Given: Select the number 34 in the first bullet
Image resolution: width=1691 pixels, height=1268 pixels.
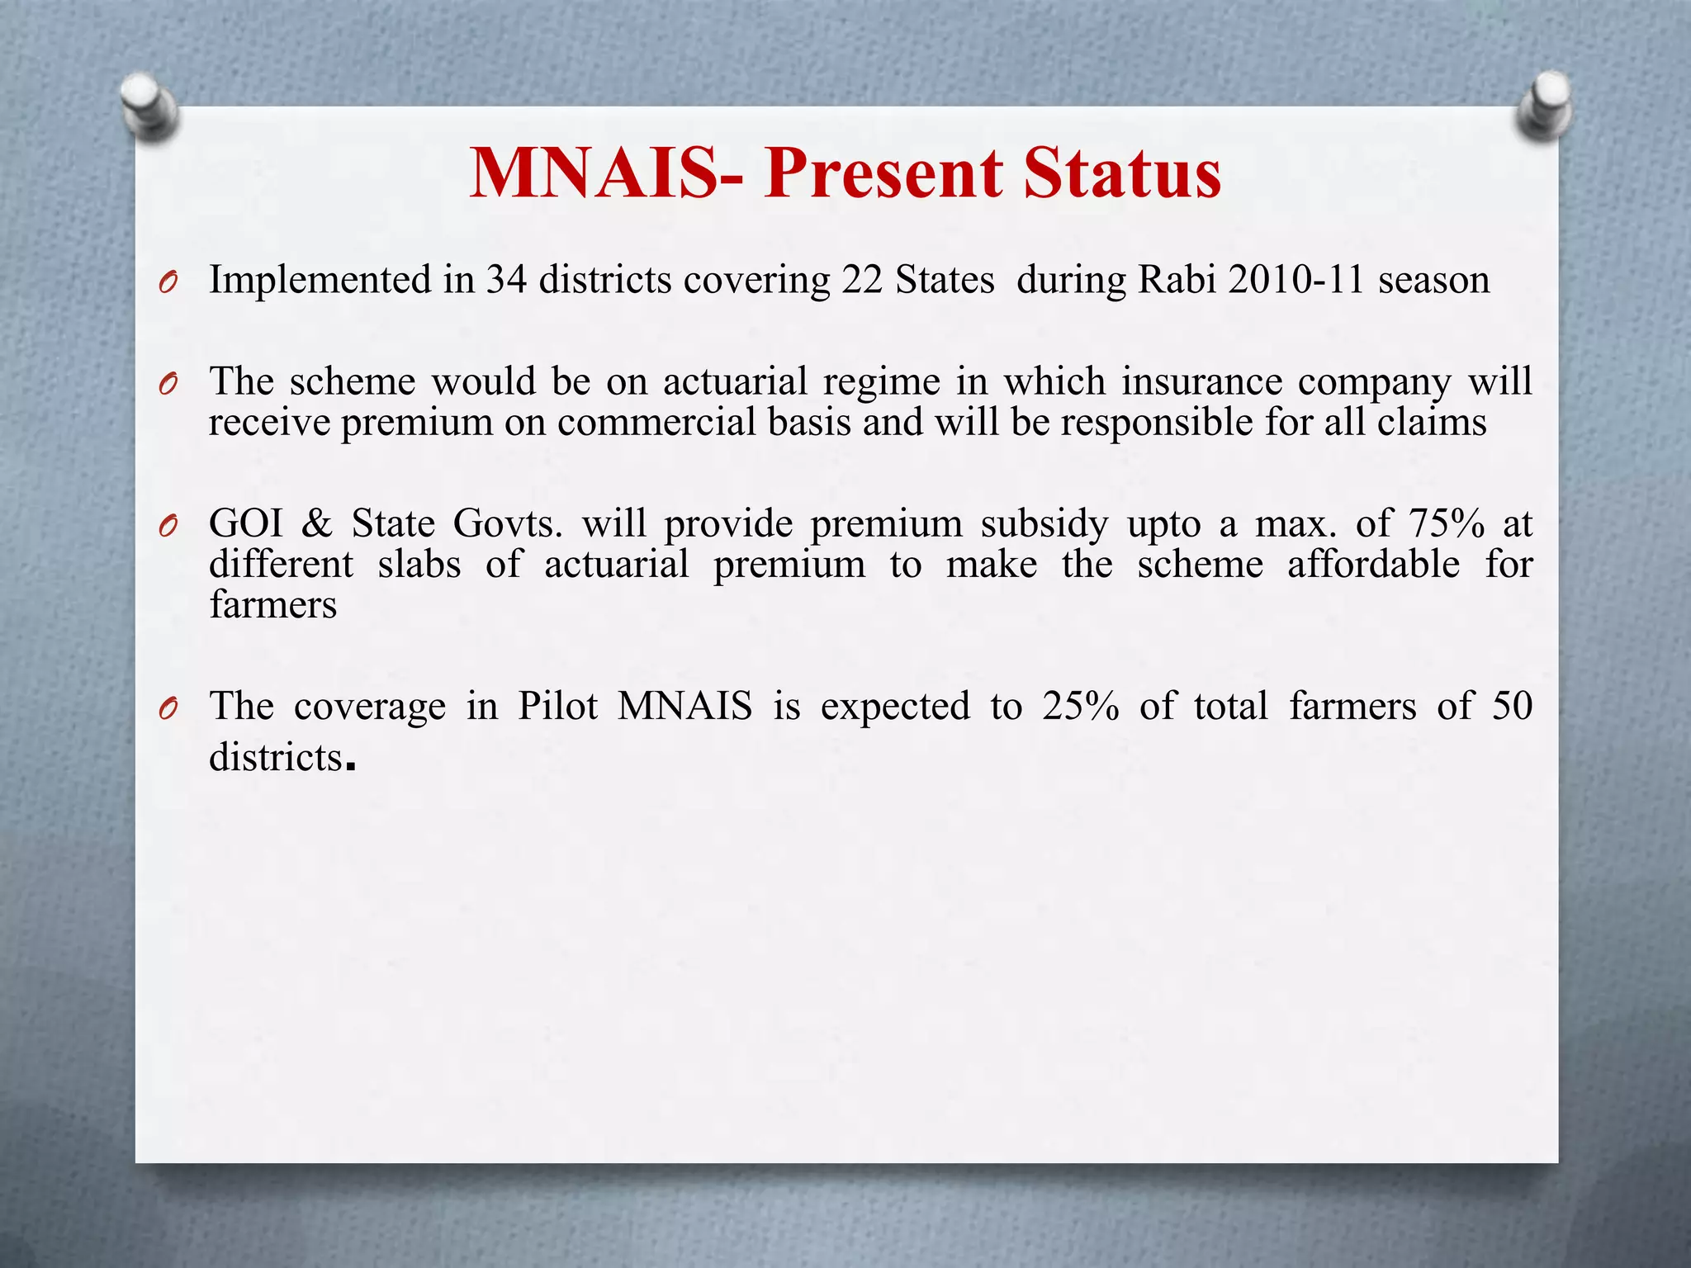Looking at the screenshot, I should tap(506, 280).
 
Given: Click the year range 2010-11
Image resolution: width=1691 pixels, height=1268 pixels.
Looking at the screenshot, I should tap(1296, 280).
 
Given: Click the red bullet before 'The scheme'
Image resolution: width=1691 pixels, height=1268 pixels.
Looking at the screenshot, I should tap(168, 385).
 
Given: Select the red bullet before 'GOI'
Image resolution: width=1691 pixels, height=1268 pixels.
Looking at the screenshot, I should tap(168, 527).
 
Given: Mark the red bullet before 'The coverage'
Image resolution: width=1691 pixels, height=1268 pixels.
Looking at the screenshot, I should tap(168, 709).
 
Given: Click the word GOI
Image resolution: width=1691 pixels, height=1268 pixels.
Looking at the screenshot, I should tap(246, 523).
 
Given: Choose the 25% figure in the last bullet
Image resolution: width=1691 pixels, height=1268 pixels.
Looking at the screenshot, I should tap(1080, 707).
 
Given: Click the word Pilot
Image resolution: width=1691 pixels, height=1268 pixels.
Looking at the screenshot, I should tap(557, 707).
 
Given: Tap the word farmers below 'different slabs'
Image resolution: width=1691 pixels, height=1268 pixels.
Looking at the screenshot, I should tap(273, 605).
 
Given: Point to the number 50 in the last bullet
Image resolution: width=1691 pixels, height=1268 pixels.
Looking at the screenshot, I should tap(1512, 707).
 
